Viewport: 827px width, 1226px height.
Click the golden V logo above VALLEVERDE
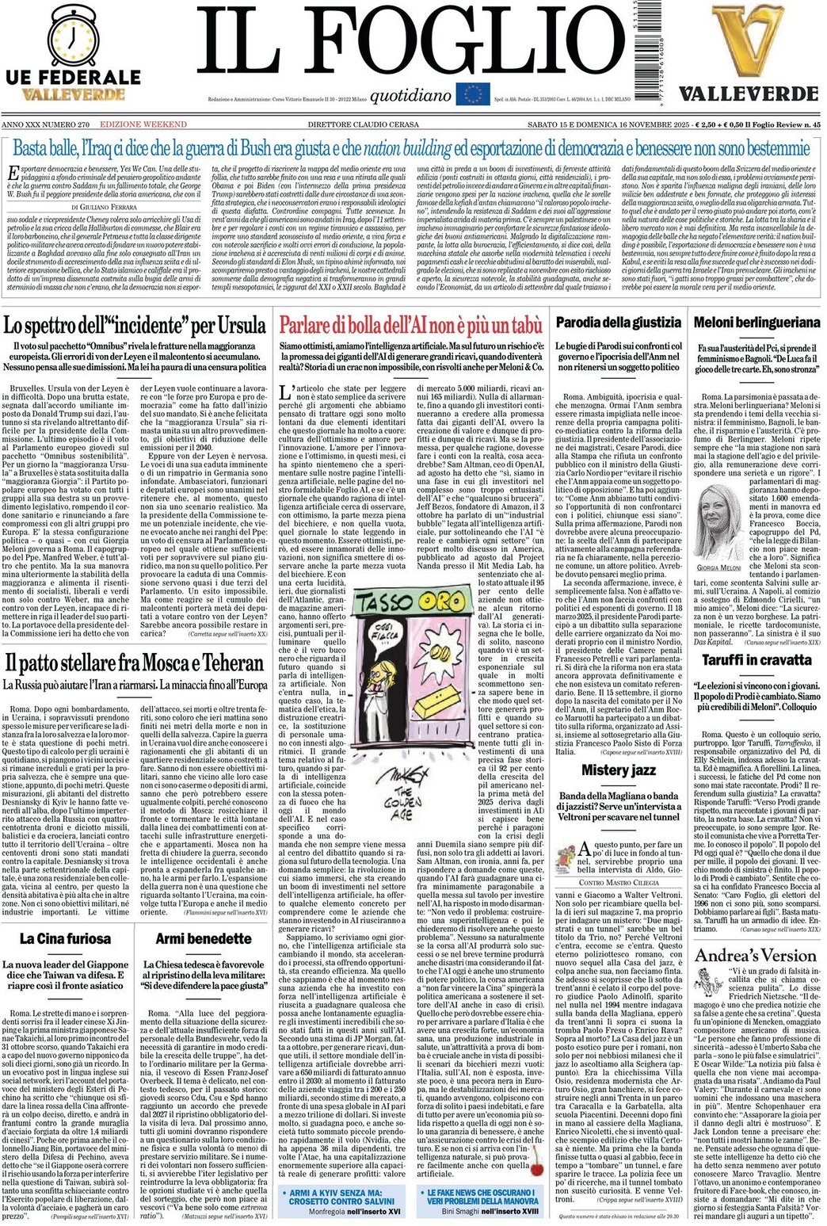[749, 40]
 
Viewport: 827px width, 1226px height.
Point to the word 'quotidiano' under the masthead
[410, 96]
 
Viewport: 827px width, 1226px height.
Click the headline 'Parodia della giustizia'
[618, 323]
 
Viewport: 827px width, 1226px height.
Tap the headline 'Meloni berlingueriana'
[756, 323]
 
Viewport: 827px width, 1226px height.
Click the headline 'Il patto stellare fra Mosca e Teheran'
[134, 663]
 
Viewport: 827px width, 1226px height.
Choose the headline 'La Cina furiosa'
[66, 939]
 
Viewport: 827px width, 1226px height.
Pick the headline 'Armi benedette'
[204, 939]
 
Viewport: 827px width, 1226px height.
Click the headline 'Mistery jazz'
[619, 770]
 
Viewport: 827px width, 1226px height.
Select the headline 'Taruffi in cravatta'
[756, 659]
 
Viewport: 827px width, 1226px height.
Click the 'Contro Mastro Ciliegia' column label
[619, 860]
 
